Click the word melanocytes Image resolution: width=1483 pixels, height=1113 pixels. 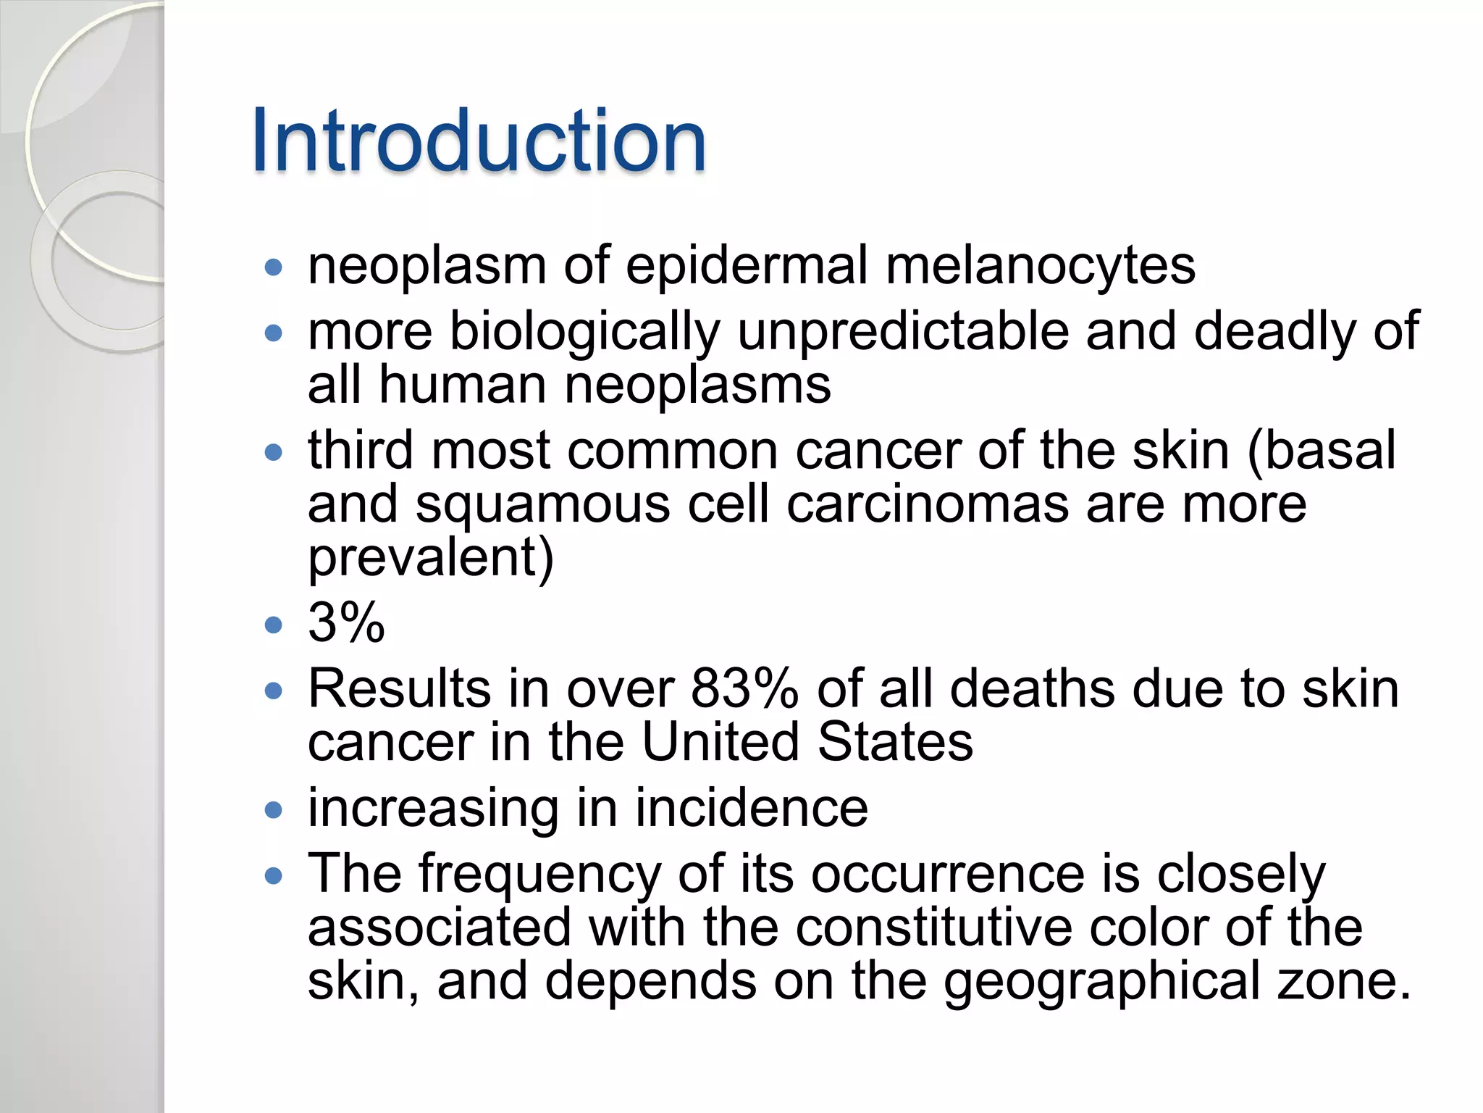pyautogui.click(x=1041, y=265)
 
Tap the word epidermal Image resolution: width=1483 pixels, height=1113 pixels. pyautogui.click(x=746, y=265)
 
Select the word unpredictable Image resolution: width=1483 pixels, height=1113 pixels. pyautogui.click(x=902, y=332)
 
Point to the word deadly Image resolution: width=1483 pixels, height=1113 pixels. pyautogui.click(x=1274, y=332)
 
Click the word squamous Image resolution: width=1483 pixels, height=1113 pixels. pyautogui.click(x=542, y=504)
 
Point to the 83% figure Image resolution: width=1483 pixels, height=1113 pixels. pyautogui.click(x=744, y=688)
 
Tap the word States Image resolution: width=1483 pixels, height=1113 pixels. pyautogui.click(x=895, y=742)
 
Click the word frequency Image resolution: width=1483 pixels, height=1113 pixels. pyautogui.click(x=539, y=874)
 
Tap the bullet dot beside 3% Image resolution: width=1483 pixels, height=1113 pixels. pyautogui.click(x=273, y=625)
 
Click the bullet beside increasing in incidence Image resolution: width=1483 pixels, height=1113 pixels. pyautogui.click(x=273, y=810)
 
